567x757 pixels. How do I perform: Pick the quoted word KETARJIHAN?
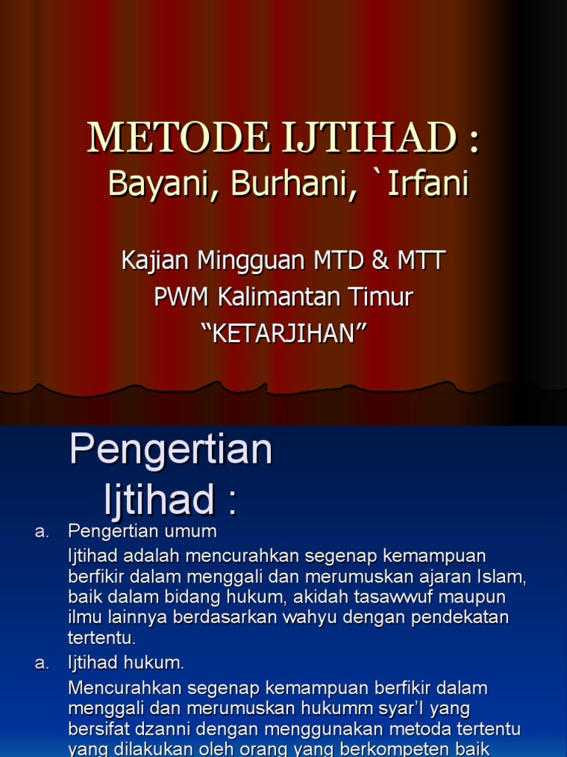tap(283, 333)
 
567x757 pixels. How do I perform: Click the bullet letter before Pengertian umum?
tap(41, 532)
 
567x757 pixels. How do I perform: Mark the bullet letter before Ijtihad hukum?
tap(41, 663)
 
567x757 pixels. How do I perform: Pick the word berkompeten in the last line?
tap(398, 749)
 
